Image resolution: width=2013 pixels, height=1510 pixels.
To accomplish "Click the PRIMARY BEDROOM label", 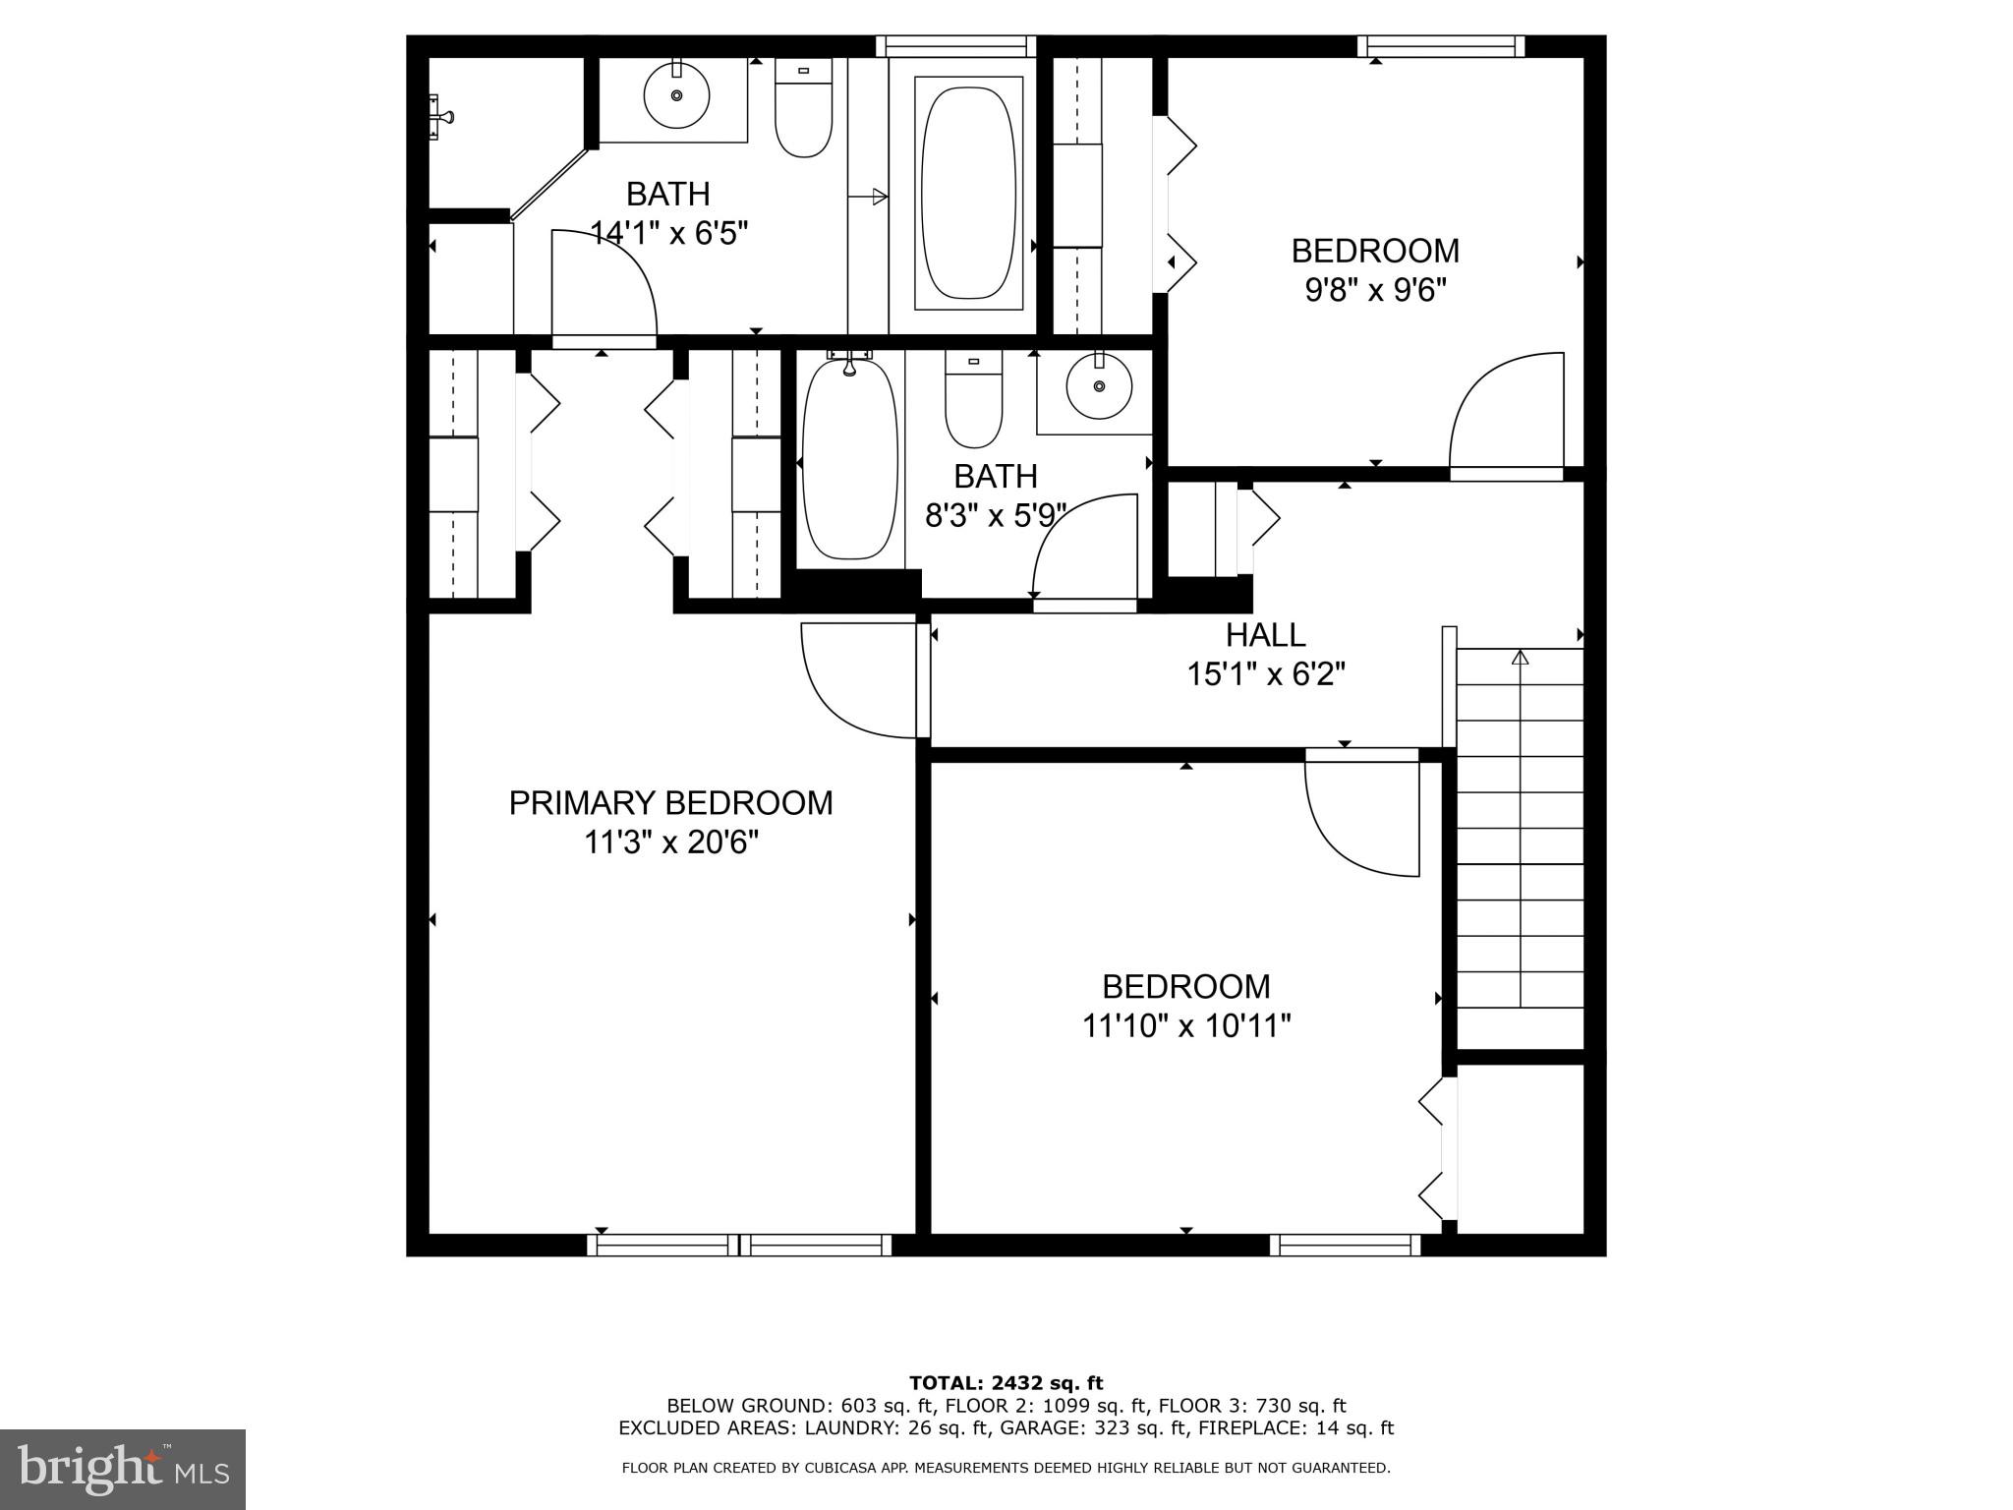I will coord(670,802).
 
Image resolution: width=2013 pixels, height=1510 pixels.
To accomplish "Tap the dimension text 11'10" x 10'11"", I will coord(1185,1026).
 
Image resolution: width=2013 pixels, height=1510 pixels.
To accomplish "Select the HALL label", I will coord(1265,635).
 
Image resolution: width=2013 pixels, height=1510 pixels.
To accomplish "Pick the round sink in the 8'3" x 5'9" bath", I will coord(1099,386).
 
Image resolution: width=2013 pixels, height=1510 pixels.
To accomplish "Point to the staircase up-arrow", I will coord(1521,657).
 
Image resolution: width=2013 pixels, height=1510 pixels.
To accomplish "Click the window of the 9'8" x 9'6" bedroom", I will coord(1441,46).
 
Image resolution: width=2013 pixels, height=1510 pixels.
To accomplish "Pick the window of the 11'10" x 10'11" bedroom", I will coord(1345,1246).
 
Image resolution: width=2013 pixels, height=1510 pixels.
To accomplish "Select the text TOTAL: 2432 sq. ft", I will coord(1006,1383).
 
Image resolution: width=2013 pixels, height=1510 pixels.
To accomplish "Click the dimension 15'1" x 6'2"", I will coord(1265,674).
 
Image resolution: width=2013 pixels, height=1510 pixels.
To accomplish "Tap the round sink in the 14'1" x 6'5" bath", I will coord(676,95).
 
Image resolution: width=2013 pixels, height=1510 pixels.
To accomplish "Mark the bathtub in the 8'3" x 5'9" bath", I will coord(850,460).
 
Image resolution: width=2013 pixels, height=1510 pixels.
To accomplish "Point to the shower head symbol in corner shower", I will coord(440,117).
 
